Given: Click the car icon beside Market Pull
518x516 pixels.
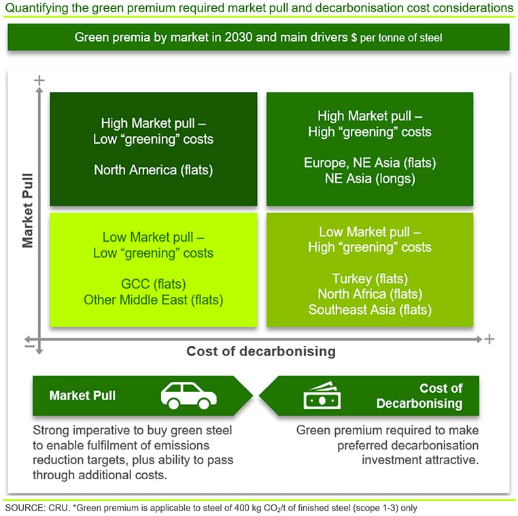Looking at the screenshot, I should point(188,396).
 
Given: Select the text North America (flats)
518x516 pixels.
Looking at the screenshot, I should point(153,170).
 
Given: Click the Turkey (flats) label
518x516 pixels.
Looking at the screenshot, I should point(370,278).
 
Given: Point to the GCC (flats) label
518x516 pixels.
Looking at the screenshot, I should point(153,284).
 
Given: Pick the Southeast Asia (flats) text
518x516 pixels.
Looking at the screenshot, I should point(370,310).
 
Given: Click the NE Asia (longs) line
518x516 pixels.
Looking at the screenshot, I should point(370,179).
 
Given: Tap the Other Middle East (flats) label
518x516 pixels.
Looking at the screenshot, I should point(153,300).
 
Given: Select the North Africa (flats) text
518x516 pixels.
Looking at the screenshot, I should point(370,294).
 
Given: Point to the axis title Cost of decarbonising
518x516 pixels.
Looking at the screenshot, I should point(261,351).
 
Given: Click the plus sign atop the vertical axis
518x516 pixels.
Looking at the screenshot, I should point(39,80).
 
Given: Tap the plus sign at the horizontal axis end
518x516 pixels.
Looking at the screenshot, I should point(489,339).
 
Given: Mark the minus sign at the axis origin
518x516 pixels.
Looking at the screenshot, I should point(29,346).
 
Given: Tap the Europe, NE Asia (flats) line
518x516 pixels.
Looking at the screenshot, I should point(370,163).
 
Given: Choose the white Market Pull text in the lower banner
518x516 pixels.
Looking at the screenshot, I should point(82,396).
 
